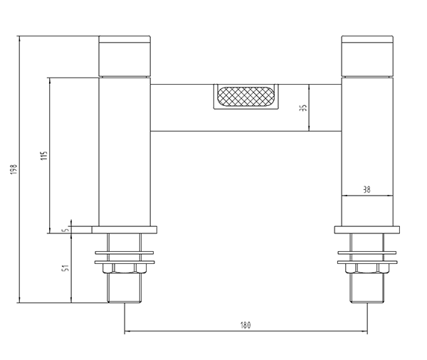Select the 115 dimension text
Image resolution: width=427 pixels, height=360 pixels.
click(x=43, y=156)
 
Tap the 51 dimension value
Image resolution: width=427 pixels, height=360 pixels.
click(x=66, y=269)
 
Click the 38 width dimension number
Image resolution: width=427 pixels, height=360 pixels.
click(x=367, y=189)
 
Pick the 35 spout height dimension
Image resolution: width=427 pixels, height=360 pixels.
click(x=302, y=108)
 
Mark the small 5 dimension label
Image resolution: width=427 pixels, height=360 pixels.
click(x=65, y=229)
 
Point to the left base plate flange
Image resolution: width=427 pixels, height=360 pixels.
click(x=125, y=230)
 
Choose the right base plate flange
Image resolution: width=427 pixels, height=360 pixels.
click(x=367, y=230)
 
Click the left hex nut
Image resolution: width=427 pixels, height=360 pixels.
click(x=125, y=268)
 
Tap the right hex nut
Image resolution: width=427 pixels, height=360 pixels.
click(x=367, y=268)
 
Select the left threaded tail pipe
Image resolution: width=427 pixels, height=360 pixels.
click(x=125, y=288)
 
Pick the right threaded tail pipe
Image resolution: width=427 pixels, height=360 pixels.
click(x=367, y=288)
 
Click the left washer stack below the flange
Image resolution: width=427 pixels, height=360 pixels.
click(x=125, y=255)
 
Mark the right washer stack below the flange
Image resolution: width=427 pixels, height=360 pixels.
click(x=367, y=255)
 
